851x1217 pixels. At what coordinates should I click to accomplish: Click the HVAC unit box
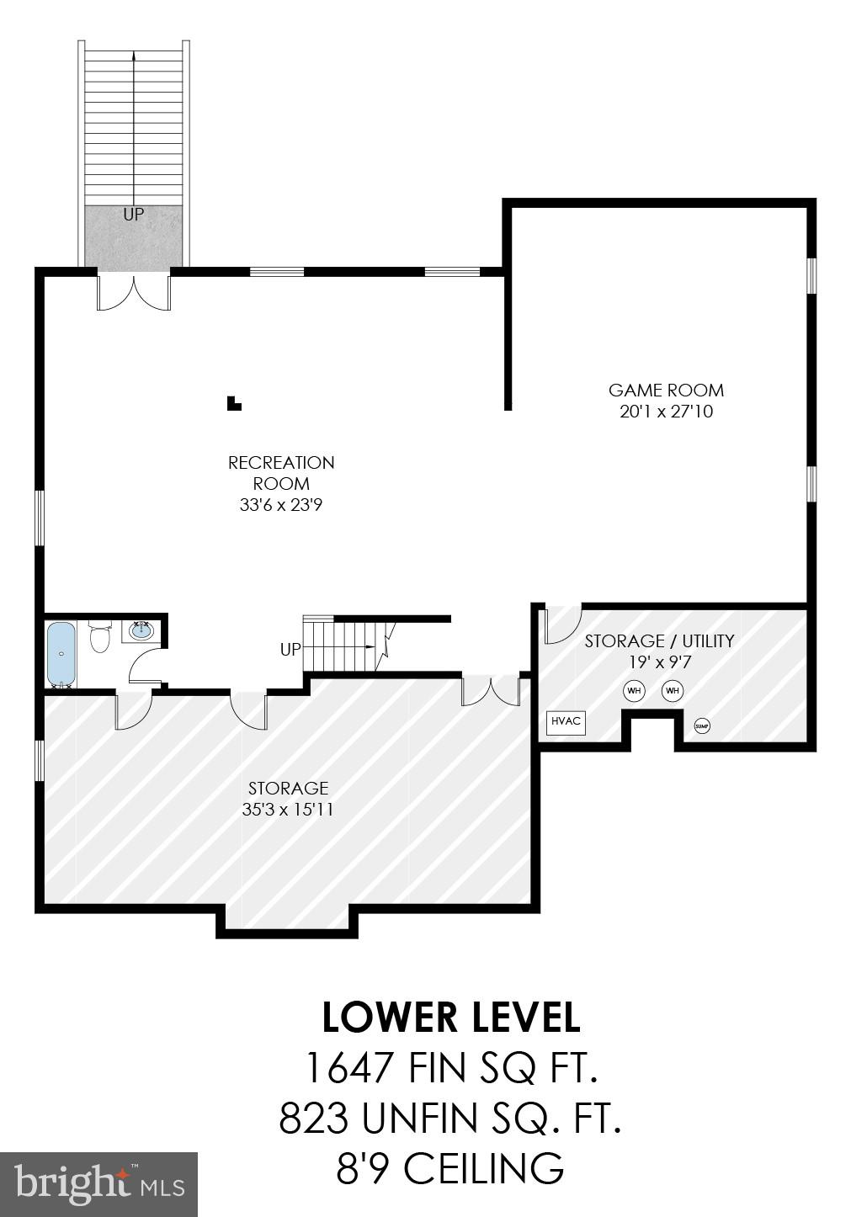coord(566,722)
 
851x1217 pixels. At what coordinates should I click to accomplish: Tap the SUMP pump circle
coord(701,725)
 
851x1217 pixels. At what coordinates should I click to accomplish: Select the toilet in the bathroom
coord(99,638)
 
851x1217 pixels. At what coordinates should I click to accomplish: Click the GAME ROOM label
coord(666,391)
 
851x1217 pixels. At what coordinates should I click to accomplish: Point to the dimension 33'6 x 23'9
coord(281,505)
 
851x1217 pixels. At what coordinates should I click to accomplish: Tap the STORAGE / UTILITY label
coord(659,641)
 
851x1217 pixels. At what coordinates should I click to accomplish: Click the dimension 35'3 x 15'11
coord(288,810)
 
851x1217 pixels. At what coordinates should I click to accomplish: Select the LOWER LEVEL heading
coord(450,1018)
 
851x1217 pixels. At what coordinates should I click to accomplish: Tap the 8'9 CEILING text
coord(450,1169)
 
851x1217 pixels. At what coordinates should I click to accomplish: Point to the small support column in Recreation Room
coord(234,404)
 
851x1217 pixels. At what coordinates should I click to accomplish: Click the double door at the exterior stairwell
coord(135,292)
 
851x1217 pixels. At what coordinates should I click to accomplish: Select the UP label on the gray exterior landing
coord(134,215)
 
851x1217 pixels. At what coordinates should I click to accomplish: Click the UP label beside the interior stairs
coord(290,650)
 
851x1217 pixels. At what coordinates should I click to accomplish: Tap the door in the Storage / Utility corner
coord(559,624)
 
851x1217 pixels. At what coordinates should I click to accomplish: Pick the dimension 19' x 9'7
coord(659,662)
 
